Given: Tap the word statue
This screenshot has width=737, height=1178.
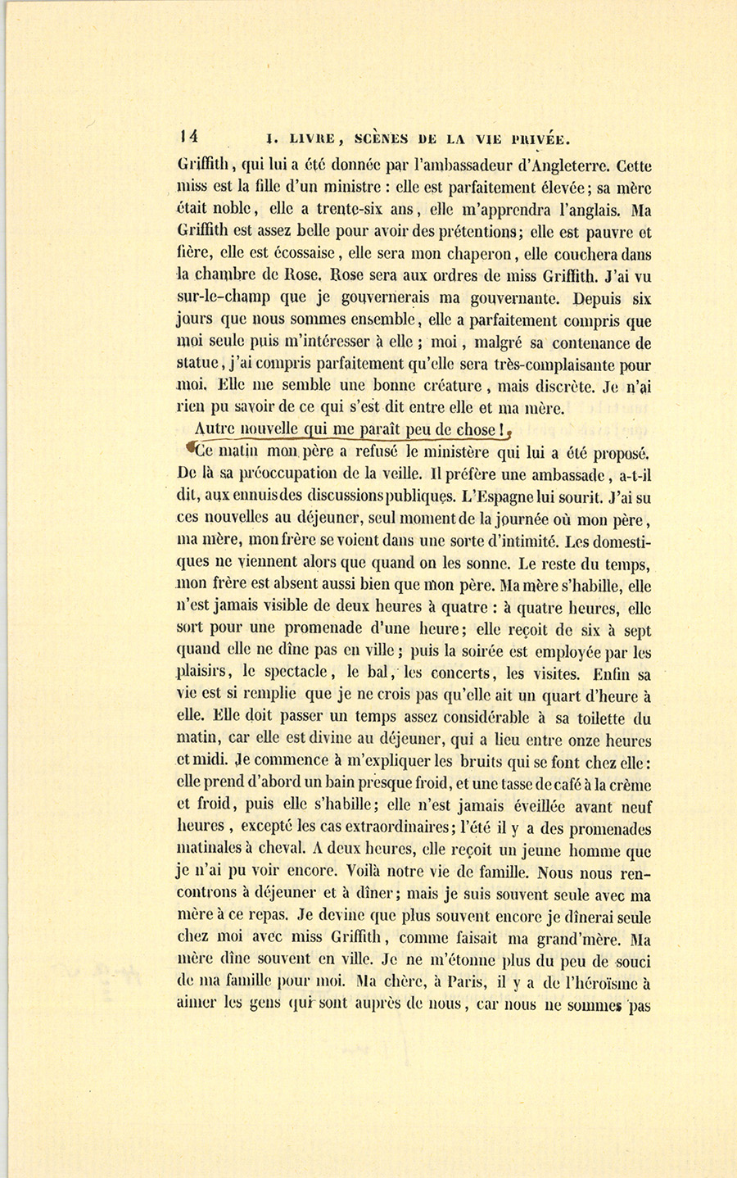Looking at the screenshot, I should coord(201,366).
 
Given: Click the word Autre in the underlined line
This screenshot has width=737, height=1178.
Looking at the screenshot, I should coord(215,429).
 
